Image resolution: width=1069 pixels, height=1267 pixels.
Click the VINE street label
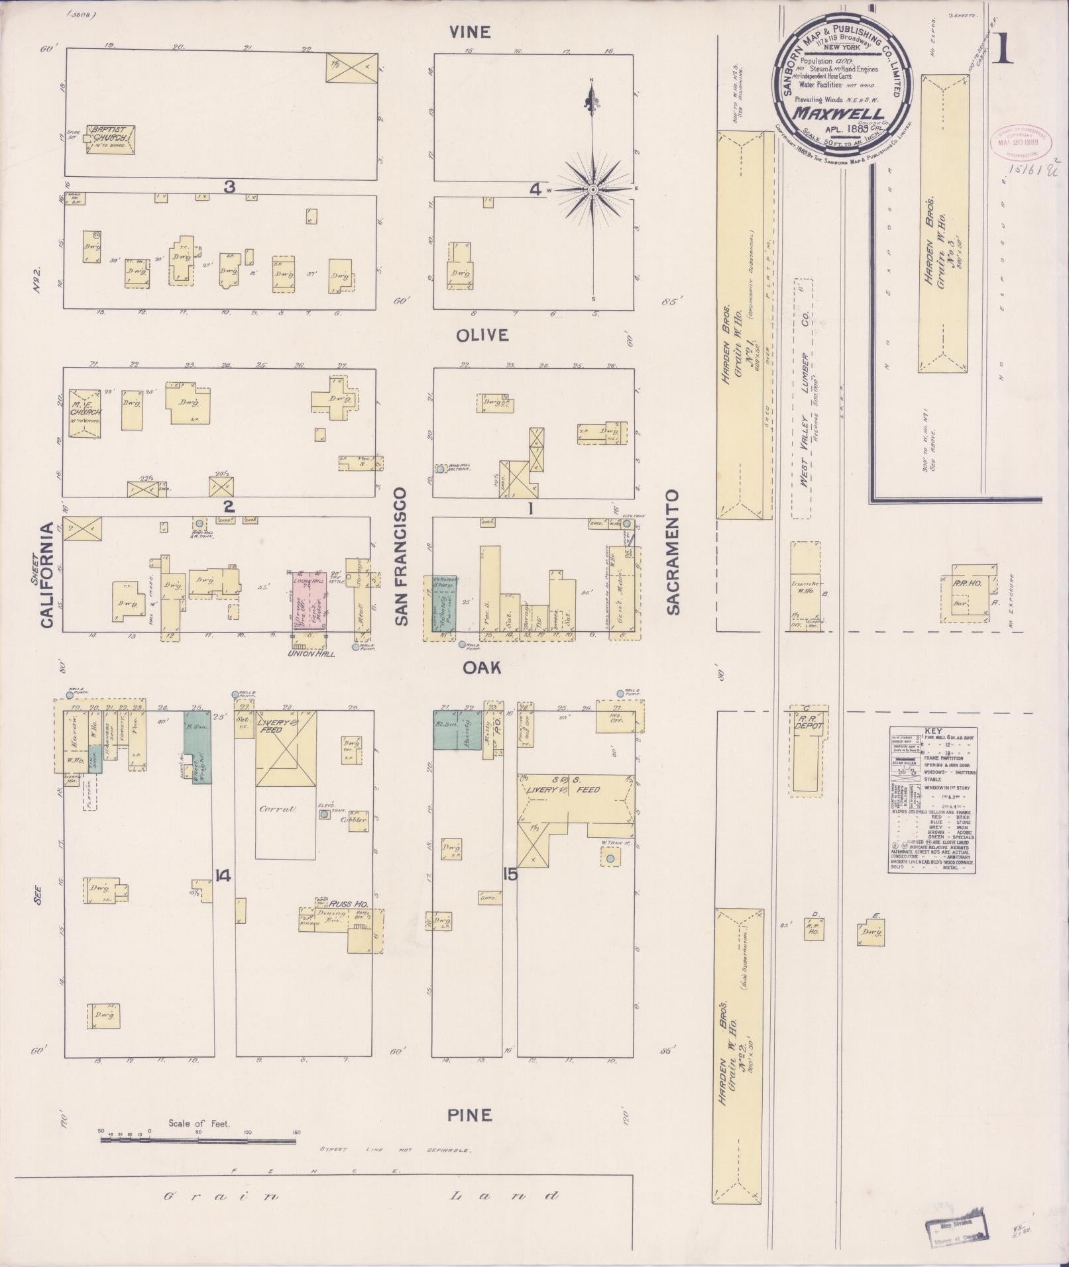coord(471,32)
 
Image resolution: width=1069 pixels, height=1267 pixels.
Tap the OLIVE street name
coord(482,336)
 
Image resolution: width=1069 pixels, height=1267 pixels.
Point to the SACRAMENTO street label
coord(673,552)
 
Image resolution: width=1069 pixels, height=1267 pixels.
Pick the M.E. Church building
coord(85,414)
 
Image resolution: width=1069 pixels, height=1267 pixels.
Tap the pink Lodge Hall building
coord(306,598)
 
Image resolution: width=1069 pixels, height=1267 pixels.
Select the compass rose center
coord(593,190)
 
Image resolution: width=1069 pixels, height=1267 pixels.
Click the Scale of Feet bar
coord(198,676)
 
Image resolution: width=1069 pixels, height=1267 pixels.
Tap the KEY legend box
coord(934,801)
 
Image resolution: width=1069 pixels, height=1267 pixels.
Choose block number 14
coord(223,876)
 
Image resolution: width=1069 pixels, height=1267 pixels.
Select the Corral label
coord(271,809)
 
